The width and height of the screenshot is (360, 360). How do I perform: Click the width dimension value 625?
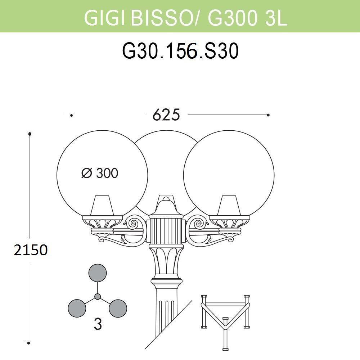click(x=166, y=115)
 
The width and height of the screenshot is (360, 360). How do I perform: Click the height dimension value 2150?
click(x=31, y=249)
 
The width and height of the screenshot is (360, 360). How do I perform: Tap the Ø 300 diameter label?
click(x=100, y=174)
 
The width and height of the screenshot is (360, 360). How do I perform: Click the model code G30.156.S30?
click(x=180, y=51)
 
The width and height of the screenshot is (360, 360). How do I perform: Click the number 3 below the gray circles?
click(x=98, y=325)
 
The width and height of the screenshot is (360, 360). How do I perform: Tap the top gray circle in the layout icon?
click(x=98, y=273)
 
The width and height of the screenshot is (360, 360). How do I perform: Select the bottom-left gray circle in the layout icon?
click(x=77, y=308)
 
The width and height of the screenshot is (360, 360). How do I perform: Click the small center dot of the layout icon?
click(x=97, y=297)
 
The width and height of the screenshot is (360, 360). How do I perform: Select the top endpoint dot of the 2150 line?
click(x=30, y=134)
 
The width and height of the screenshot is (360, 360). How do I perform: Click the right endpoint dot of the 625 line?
click(x=268, y=115)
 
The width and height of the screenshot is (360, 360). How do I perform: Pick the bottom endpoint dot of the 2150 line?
click(x=30, y=343)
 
